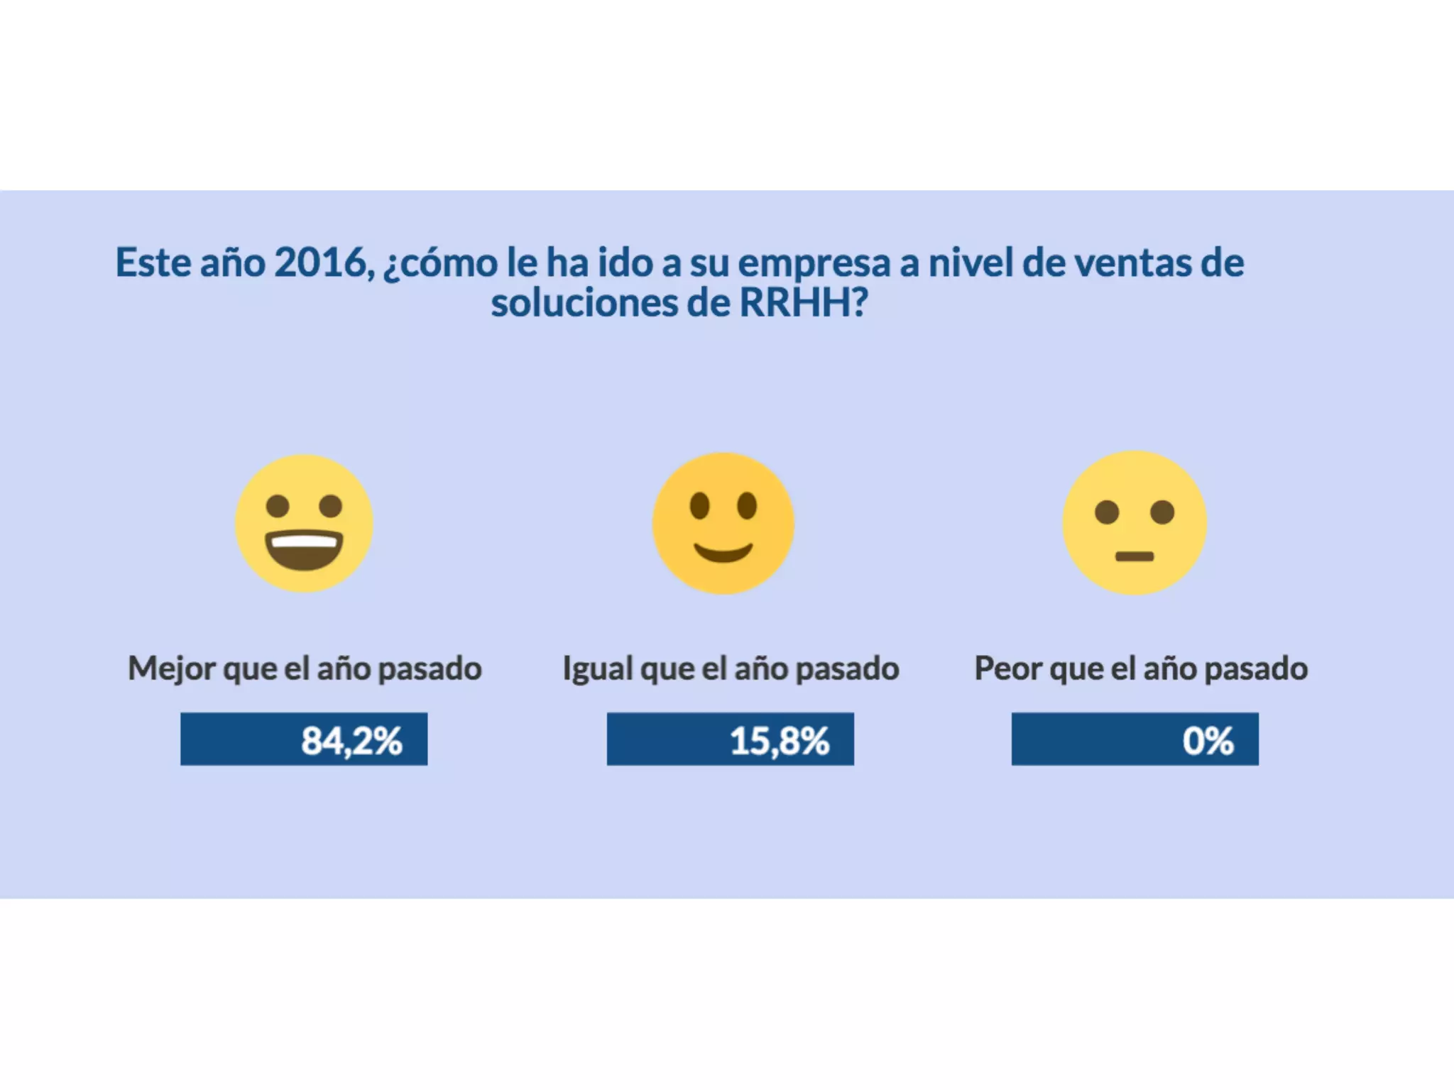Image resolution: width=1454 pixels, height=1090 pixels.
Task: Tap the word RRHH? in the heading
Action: coord(804,303)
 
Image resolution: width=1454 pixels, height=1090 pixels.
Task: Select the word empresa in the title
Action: coord(814,264)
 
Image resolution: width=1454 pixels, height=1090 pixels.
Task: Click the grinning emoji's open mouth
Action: coord(304,550)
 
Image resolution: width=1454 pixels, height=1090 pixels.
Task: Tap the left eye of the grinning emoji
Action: coord(278,506)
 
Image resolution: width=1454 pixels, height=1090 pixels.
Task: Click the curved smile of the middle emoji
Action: coord(723,552)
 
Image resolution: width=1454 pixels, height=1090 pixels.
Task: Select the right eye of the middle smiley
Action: coord(747,506)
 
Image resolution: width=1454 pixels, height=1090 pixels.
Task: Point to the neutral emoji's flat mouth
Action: coord(1135,556)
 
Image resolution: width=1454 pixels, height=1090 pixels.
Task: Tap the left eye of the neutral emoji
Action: coord(1107,512)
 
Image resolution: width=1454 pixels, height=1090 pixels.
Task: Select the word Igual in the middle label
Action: coord(597,668)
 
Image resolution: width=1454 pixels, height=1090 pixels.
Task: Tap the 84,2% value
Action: coord(351,740)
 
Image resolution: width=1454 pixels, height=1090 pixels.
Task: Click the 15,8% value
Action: coord(779,740)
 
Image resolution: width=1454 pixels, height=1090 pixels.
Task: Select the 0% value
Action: coord(1208,740)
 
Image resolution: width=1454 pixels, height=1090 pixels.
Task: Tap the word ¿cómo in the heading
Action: coord(440,264)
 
